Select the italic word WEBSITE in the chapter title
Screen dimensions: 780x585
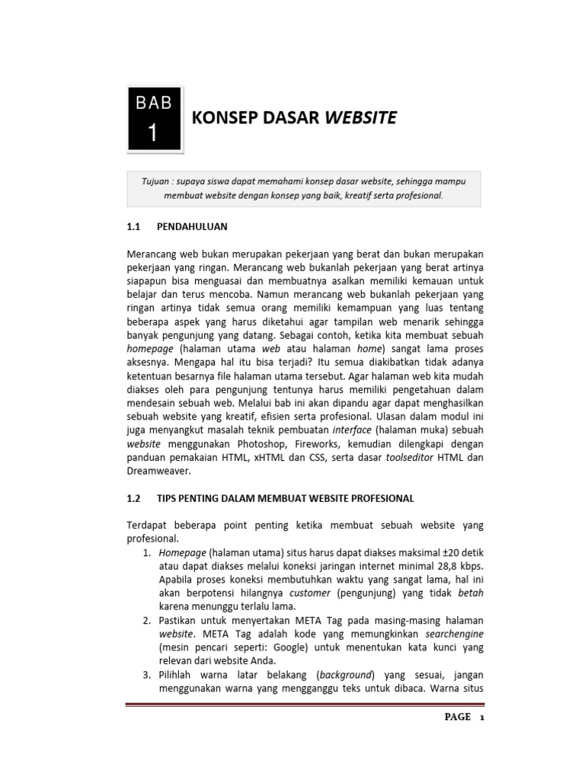[361, 117]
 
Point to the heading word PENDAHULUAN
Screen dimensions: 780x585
[192, 227]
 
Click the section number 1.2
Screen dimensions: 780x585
[134, 498]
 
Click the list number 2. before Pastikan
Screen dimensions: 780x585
[147, 621]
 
